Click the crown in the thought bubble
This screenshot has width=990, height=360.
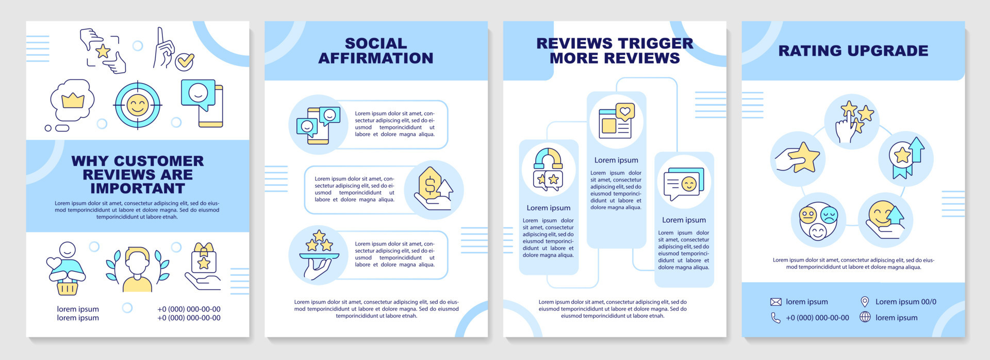click(x=73, y=100)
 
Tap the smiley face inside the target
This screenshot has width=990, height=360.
click(x=137, y=105)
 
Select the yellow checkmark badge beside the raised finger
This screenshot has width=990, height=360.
click(x=184, y=61)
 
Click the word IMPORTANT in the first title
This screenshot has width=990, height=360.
click(x=138, y=188)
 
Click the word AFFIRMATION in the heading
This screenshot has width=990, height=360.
click(x=376, y=58)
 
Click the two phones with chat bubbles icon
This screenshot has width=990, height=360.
click(x=318, y=125)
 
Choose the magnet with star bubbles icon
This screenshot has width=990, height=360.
click(x=548, y=170)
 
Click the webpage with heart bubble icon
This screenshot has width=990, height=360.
click(x=616, y=121)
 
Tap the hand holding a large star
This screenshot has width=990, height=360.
click(x=798, y=158)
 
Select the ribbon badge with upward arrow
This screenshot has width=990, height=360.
click(x=905, y=158)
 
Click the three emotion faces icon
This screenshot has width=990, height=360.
click(x=818, y=221)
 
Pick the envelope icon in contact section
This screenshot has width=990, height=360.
click(x=775, y=302)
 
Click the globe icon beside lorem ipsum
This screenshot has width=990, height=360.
click(x=865, y=317)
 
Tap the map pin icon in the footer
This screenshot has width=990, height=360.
click(x=865, y=302)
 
